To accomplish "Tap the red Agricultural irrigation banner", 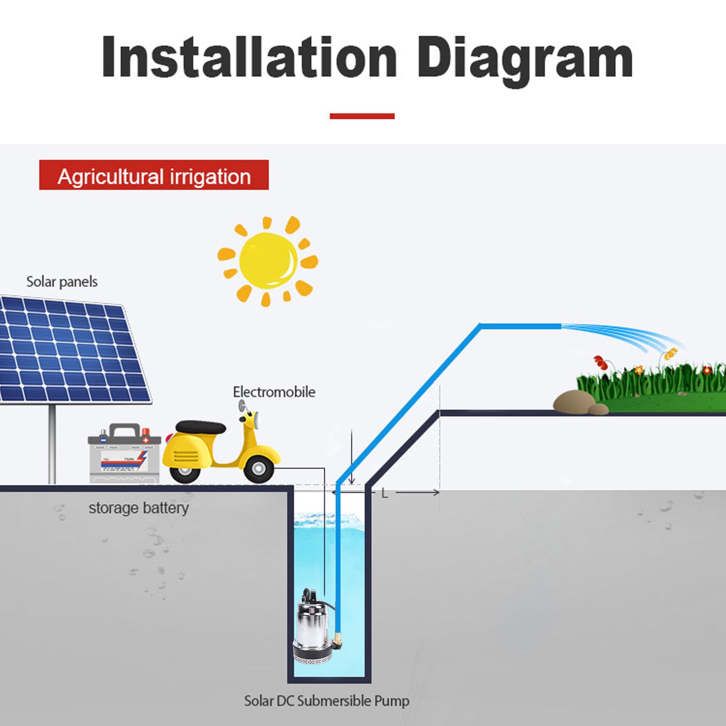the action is pyautogui.click(x=154, y=175).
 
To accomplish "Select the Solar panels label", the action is pyautogui.click(x=62, y=282).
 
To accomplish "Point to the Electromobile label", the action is pyautogui.click(x=274, y=392).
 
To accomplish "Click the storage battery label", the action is pyautogui.click(x=138, y=508).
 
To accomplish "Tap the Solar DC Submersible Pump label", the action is pyautogui.click(x=326, y=701).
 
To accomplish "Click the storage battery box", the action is pyautogui.click(x=124, y=453).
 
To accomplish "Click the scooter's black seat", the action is pyautogui.click(x=200, y=427).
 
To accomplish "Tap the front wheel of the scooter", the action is pyautogui.click(x=258, y=468).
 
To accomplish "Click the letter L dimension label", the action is pyautogui.click(x=385, y=493).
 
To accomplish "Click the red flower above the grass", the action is pyautogui.click(x=601, y=362).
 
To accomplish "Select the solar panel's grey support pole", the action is pyautogui.click(x=52, y=443).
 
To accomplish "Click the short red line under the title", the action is pyautogui.click(x=362, y=116).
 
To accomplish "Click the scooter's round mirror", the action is pyautogui.click(x=243, y=405).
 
